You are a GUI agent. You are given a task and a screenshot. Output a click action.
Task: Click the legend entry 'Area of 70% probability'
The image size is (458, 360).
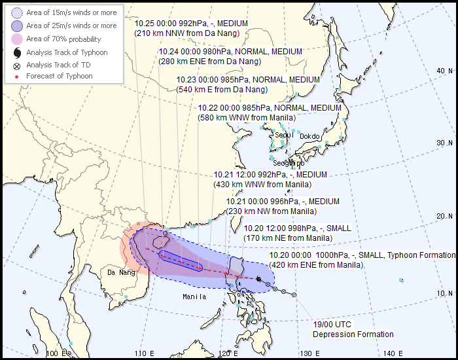[63, 39]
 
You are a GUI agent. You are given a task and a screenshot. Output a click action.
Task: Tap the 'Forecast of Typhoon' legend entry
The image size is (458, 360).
[59, 76]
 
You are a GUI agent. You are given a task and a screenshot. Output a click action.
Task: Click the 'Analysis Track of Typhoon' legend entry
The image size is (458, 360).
[67, 52]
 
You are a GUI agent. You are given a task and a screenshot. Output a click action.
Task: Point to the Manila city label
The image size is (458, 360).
[194, 297]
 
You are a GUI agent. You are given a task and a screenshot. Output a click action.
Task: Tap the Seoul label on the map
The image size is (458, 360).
[283, 135]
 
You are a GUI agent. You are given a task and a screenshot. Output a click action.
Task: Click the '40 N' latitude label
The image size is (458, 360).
[445, 71]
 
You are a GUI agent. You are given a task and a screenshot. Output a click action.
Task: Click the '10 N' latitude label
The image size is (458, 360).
[446, 293]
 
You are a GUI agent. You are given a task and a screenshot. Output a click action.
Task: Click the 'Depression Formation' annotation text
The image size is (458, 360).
[353, 334]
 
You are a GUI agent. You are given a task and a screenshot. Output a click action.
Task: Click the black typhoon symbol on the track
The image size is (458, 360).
[259, 280]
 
